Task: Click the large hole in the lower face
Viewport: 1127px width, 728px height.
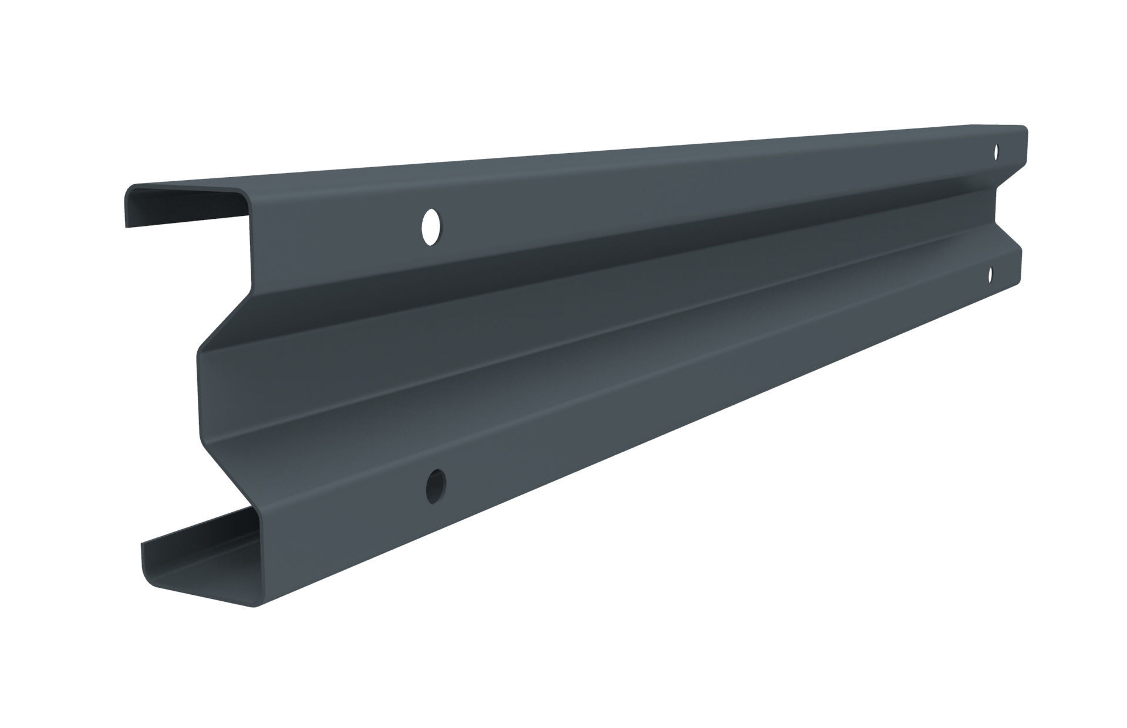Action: click(435, 485)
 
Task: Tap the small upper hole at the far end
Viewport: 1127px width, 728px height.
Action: click(996, 152)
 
